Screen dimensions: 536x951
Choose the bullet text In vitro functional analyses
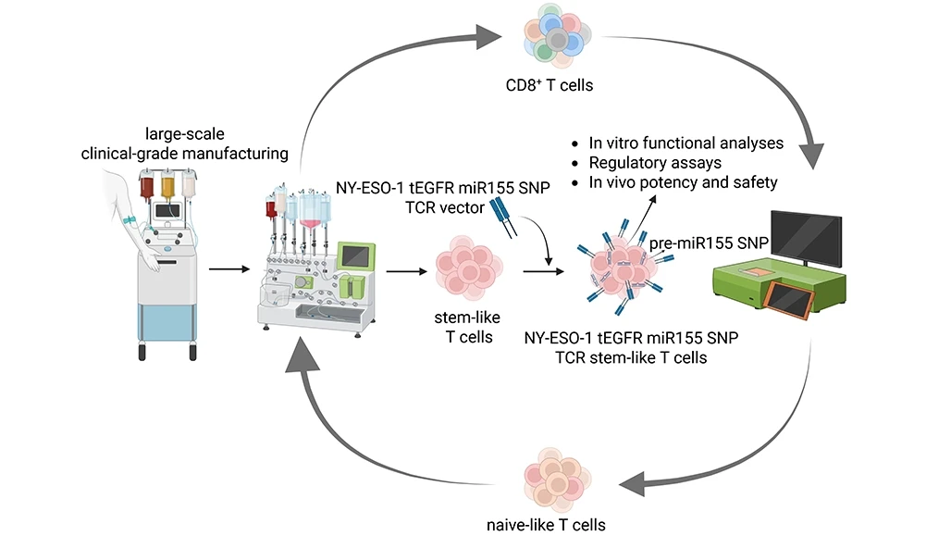(686, 143)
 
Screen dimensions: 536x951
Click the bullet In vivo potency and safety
(683, 182)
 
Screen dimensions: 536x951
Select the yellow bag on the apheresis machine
(167, 184)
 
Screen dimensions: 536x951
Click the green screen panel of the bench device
(354, 255)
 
